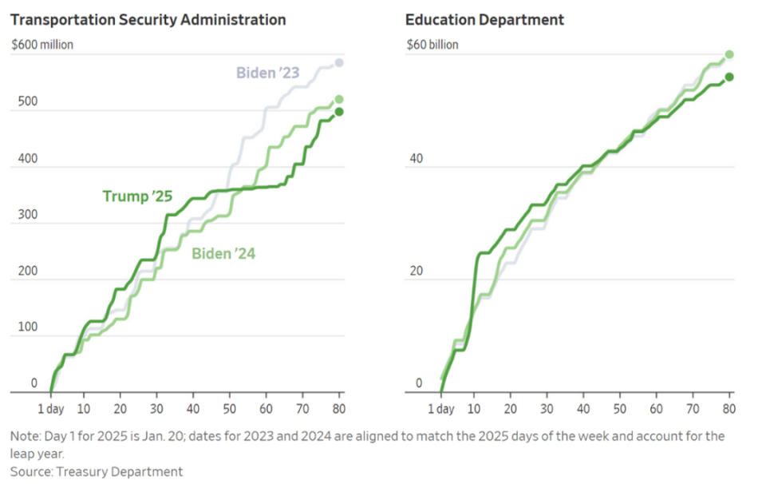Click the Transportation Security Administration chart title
click(148, 19)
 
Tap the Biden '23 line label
click(267, 73)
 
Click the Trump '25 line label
click(137, 196)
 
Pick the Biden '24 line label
click(223, 254)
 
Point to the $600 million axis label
click(42, 45)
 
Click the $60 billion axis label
click(432, 45)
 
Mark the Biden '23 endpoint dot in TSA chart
click(339, 63)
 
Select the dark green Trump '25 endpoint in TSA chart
click(339, 112)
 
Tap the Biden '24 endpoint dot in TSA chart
click(339, 100)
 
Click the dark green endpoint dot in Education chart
click(728, 77)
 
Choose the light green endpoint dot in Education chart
click(728, 55)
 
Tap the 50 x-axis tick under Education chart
click(620, 409)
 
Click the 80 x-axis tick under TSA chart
click(338, 409)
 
